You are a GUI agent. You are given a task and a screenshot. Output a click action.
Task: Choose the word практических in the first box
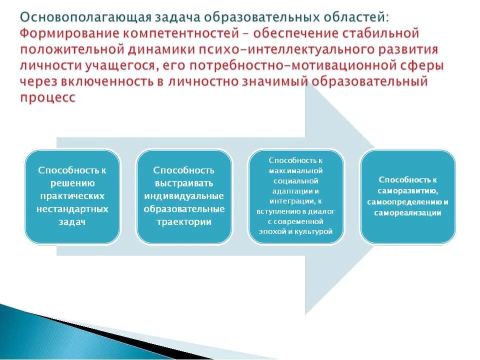click(x=72, y=196)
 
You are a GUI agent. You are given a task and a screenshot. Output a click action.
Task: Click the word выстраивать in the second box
click(x=184, y=183)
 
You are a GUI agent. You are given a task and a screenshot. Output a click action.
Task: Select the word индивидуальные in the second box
click(x=184, y=196)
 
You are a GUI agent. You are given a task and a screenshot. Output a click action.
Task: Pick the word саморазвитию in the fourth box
click(x=408, y=191)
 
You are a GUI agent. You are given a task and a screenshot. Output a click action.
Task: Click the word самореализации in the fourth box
click(x=408, y=212)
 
